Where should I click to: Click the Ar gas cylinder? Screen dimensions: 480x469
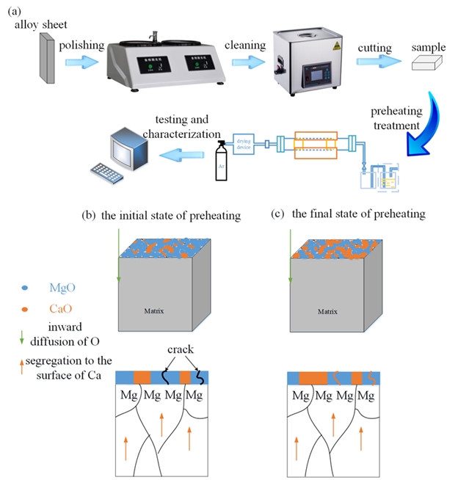click(x=218, y=160)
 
